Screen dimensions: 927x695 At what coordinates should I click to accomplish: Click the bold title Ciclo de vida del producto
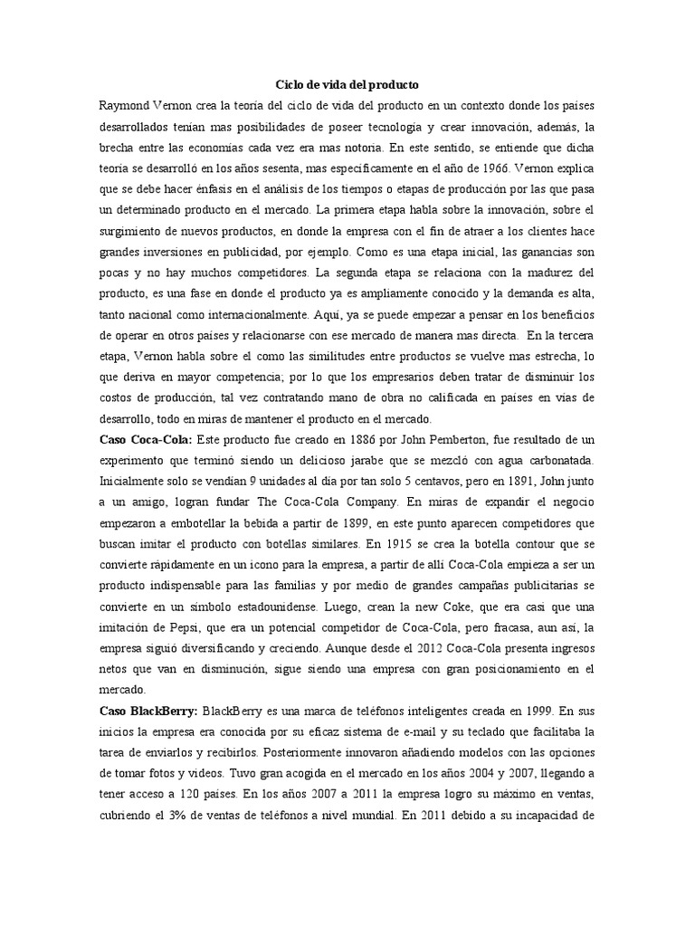347,84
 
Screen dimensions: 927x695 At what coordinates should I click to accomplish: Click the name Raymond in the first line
126,105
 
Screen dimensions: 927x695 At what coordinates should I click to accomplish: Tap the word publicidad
256,249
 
